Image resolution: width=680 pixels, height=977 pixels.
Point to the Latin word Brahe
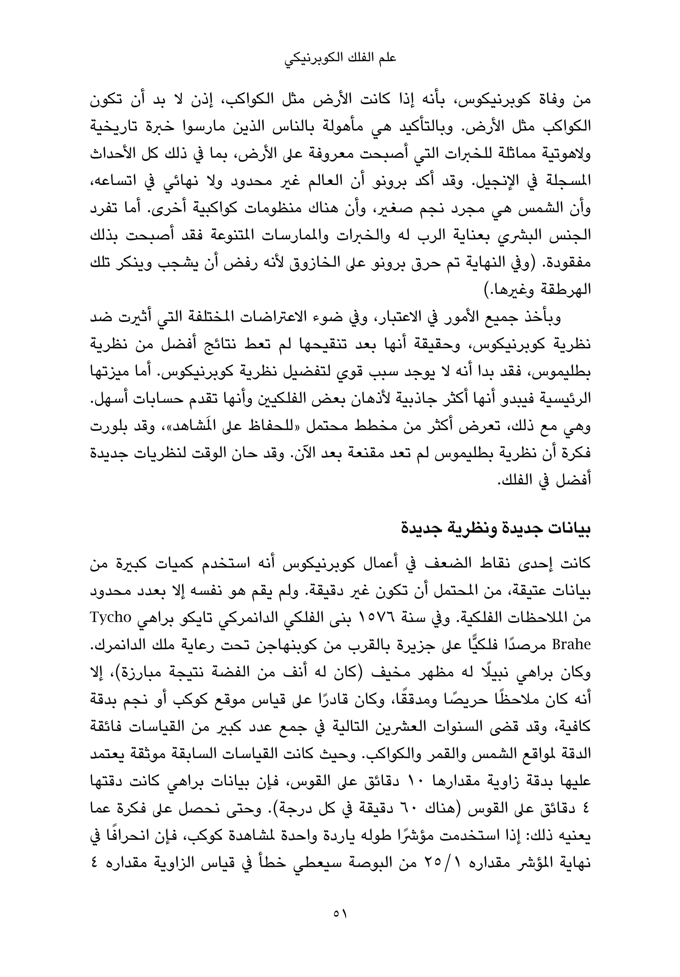571,645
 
